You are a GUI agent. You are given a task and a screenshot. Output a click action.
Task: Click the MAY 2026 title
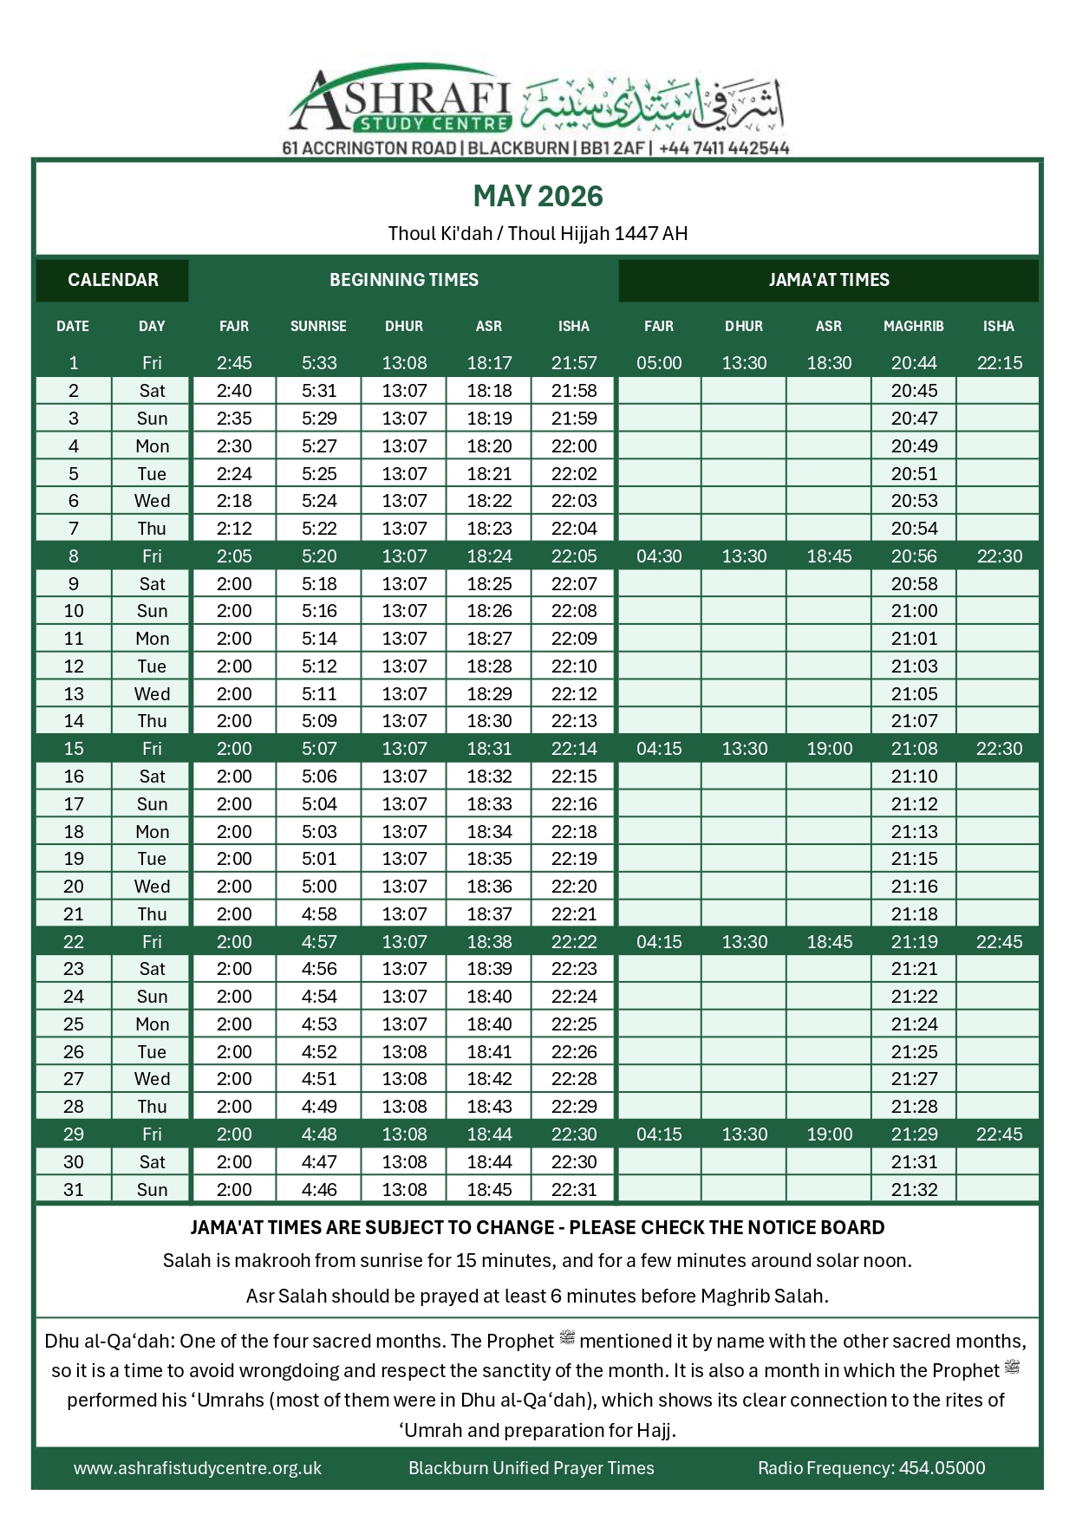[x=538, y=197]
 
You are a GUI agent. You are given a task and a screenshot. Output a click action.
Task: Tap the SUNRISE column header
[x=318, y=327]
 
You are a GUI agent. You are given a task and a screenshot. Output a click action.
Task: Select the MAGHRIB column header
[x=913, y=327]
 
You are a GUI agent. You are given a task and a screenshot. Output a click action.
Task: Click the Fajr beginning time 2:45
[x=234, y=363]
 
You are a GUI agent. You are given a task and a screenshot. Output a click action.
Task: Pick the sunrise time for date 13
[x=319, y=694]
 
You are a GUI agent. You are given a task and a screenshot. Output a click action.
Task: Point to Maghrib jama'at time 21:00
[x=914, y=611]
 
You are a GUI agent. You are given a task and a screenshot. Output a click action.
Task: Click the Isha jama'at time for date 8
[x=999, y=556]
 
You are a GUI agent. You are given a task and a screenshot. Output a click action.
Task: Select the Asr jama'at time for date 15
[x=829, y=749]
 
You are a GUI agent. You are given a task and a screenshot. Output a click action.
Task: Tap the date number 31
[x=74, y=1190]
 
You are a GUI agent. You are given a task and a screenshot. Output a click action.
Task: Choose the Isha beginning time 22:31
[x=574, y=1190]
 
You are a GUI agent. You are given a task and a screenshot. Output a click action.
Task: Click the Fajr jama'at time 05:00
[x=659, y=363]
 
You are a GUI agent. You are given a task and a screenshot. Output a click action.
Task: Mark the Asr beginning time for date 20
[x=489, y=887]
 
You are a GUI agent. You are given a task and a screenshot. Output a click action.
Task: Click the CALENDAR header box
[x=113, y=280]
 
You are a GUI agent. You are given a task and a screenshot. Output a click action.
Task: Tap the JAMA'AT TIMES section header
[x=828, y=280]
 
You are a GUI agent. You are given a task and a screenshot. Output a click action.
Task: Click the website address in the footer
[x=198, y=1468]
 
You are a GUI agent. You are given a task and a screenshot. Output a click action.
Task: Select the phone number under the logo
[x=724, y=148]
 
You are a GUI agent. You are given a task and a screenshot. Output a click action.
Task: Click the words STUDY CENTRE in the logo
[x=435, y=124]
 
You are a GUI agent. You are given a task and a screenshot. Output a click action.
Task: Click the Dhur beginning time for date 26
[x=404, y=1052]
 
